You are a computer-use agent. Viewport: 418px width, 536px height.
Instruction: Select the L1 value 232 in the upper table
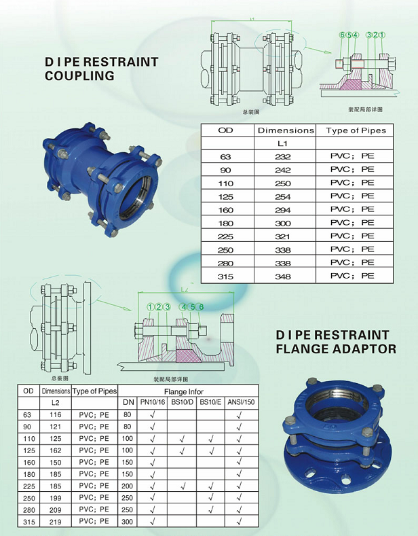[283, 156]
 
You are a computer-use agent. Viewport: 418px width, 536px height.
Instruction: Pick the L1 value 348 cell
[283, 276]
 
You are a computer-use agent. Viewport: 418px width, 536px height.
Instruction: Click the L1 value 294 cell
[283, 210]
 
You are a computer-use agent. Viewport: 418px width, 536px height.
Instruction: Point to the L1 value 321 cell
[283, 236]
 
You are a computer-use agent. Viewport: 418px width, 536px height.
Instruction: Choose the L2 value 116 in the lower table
[56, 414]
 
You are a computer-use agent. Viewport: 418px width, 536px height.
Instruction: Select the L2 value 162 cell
[56, 450]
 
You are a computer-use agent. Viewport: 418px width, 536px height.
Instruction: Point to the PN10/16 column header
[152, 403]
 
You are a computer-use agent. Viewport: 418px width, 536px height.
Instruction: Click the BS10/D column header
[182, 403]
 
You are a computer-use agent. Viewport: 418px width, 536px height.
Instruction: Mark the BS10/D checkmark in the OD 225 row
[182, 486]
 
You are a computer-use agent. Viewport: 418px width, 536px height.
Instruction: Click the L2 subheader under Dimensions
[56, 403]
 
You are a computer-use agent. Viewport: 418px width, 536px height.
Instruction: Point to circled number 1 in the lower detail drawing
[150, 307]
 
